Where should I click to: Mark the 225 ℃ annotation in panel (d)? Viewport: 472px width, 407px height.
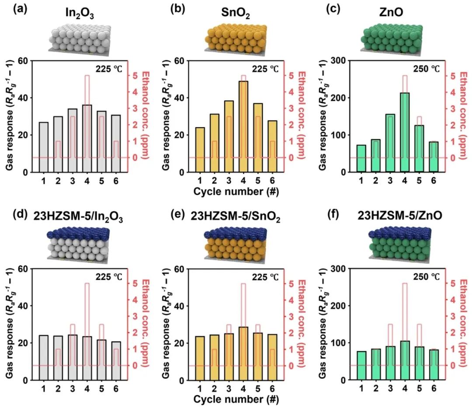pyautogui.click(x=110, y=276)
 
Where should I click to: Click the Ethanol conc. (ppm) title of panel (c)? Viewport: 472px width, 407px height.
pyautogui.click(x=463, y=107)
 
